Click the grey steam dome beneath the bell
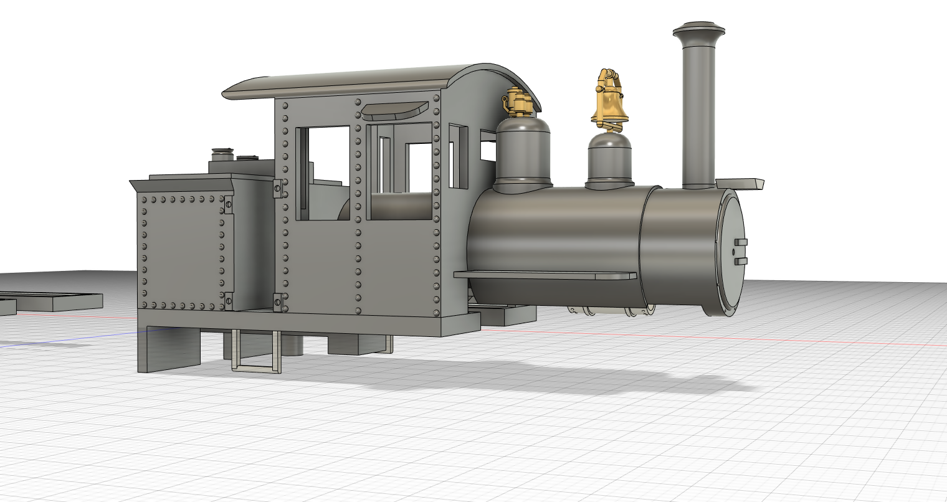(x=611, y=159)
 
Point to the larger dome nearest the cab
(x=523, y=153)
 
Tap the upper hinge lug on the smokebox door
(x=741, y=242)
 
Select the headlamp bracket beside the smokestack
(x=740, y=184)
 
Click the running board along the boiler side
(x=545, y=275)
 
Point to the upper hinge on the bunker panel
(x=228, y=204)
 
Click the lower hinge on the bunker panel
(x=228, y=301)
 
